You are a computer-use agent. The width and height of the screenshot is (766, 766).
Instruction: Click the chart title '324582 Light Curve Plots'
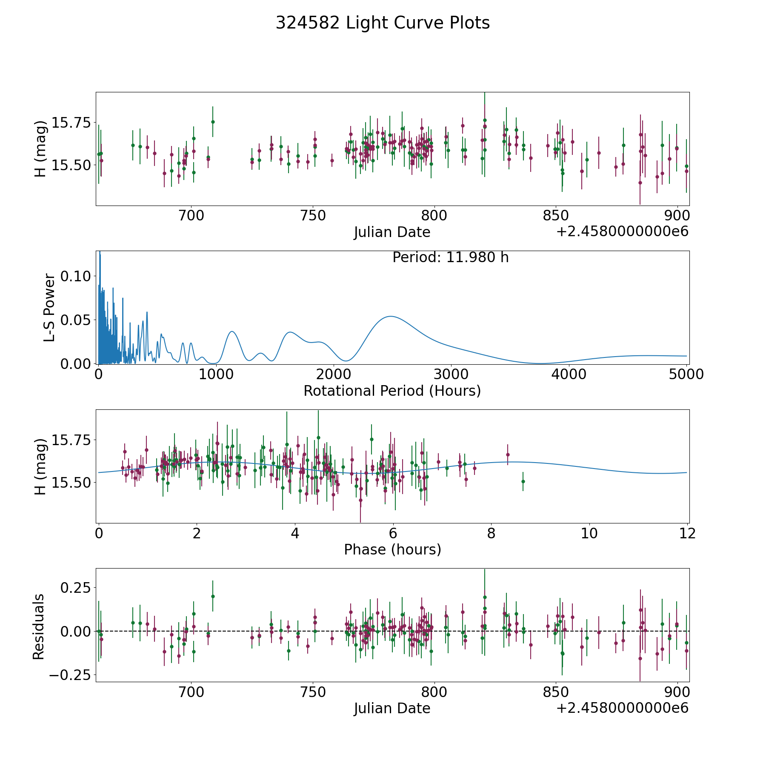click(x=383, y=23)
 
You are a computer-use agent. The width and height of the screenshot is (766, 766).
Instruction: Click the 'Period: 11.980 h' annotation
click(x=450, y=257)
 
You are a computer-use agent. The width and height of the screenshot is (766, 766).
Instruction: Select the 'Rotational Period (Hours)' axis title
click(x=392, y=391)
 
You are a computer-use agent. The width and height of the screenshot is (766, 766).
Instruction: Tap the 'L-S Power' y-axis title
click(x=49, y=308)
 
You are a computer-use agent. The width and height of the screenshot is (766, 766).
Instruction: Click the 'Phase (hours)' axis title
click(x=392, y=549)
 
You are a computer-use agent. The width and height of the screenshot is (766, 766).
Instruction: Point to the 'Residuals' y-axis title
click(x=39, y=627)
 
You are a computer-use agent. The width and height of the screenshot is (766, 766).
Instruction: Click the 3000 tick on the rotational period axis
click(x=451, y=374)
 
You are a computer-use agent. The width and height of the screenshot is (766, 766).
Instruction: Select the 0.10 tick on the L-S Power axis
click(x=75, y=276)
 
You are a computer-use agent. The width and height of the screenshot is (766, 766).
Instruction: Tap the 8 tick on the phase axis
click(x=491, y=533)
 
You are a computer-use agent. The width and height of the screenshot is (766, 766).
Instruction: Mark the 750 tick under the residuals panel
click(x=313, y=692)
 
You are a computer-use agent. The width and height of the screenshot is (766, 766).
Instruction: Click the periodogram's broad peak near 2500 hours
click(x=390, y=316)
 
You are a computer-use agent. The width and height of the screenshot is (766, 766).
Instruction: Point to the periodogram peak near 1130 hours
click(x=232, y=331)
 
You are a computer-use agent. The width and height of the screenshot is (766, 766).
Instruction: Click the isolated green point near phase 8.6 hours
click(x=523, y=481)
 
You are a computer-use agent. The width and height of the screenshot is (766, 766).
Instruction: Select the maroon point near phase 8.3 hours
click(x=508, y=454)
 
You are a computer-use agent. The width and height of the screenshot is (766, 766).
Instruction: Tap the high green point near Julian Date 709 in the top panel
click(x=213, y=122)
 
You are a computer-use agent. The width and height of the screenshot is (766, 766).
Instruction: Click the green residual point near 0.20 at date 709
click(x=213, y=596)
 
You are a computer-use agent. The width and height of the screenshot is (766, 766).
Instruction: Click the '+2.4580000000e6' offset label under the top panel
click(x=622, y=232)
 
